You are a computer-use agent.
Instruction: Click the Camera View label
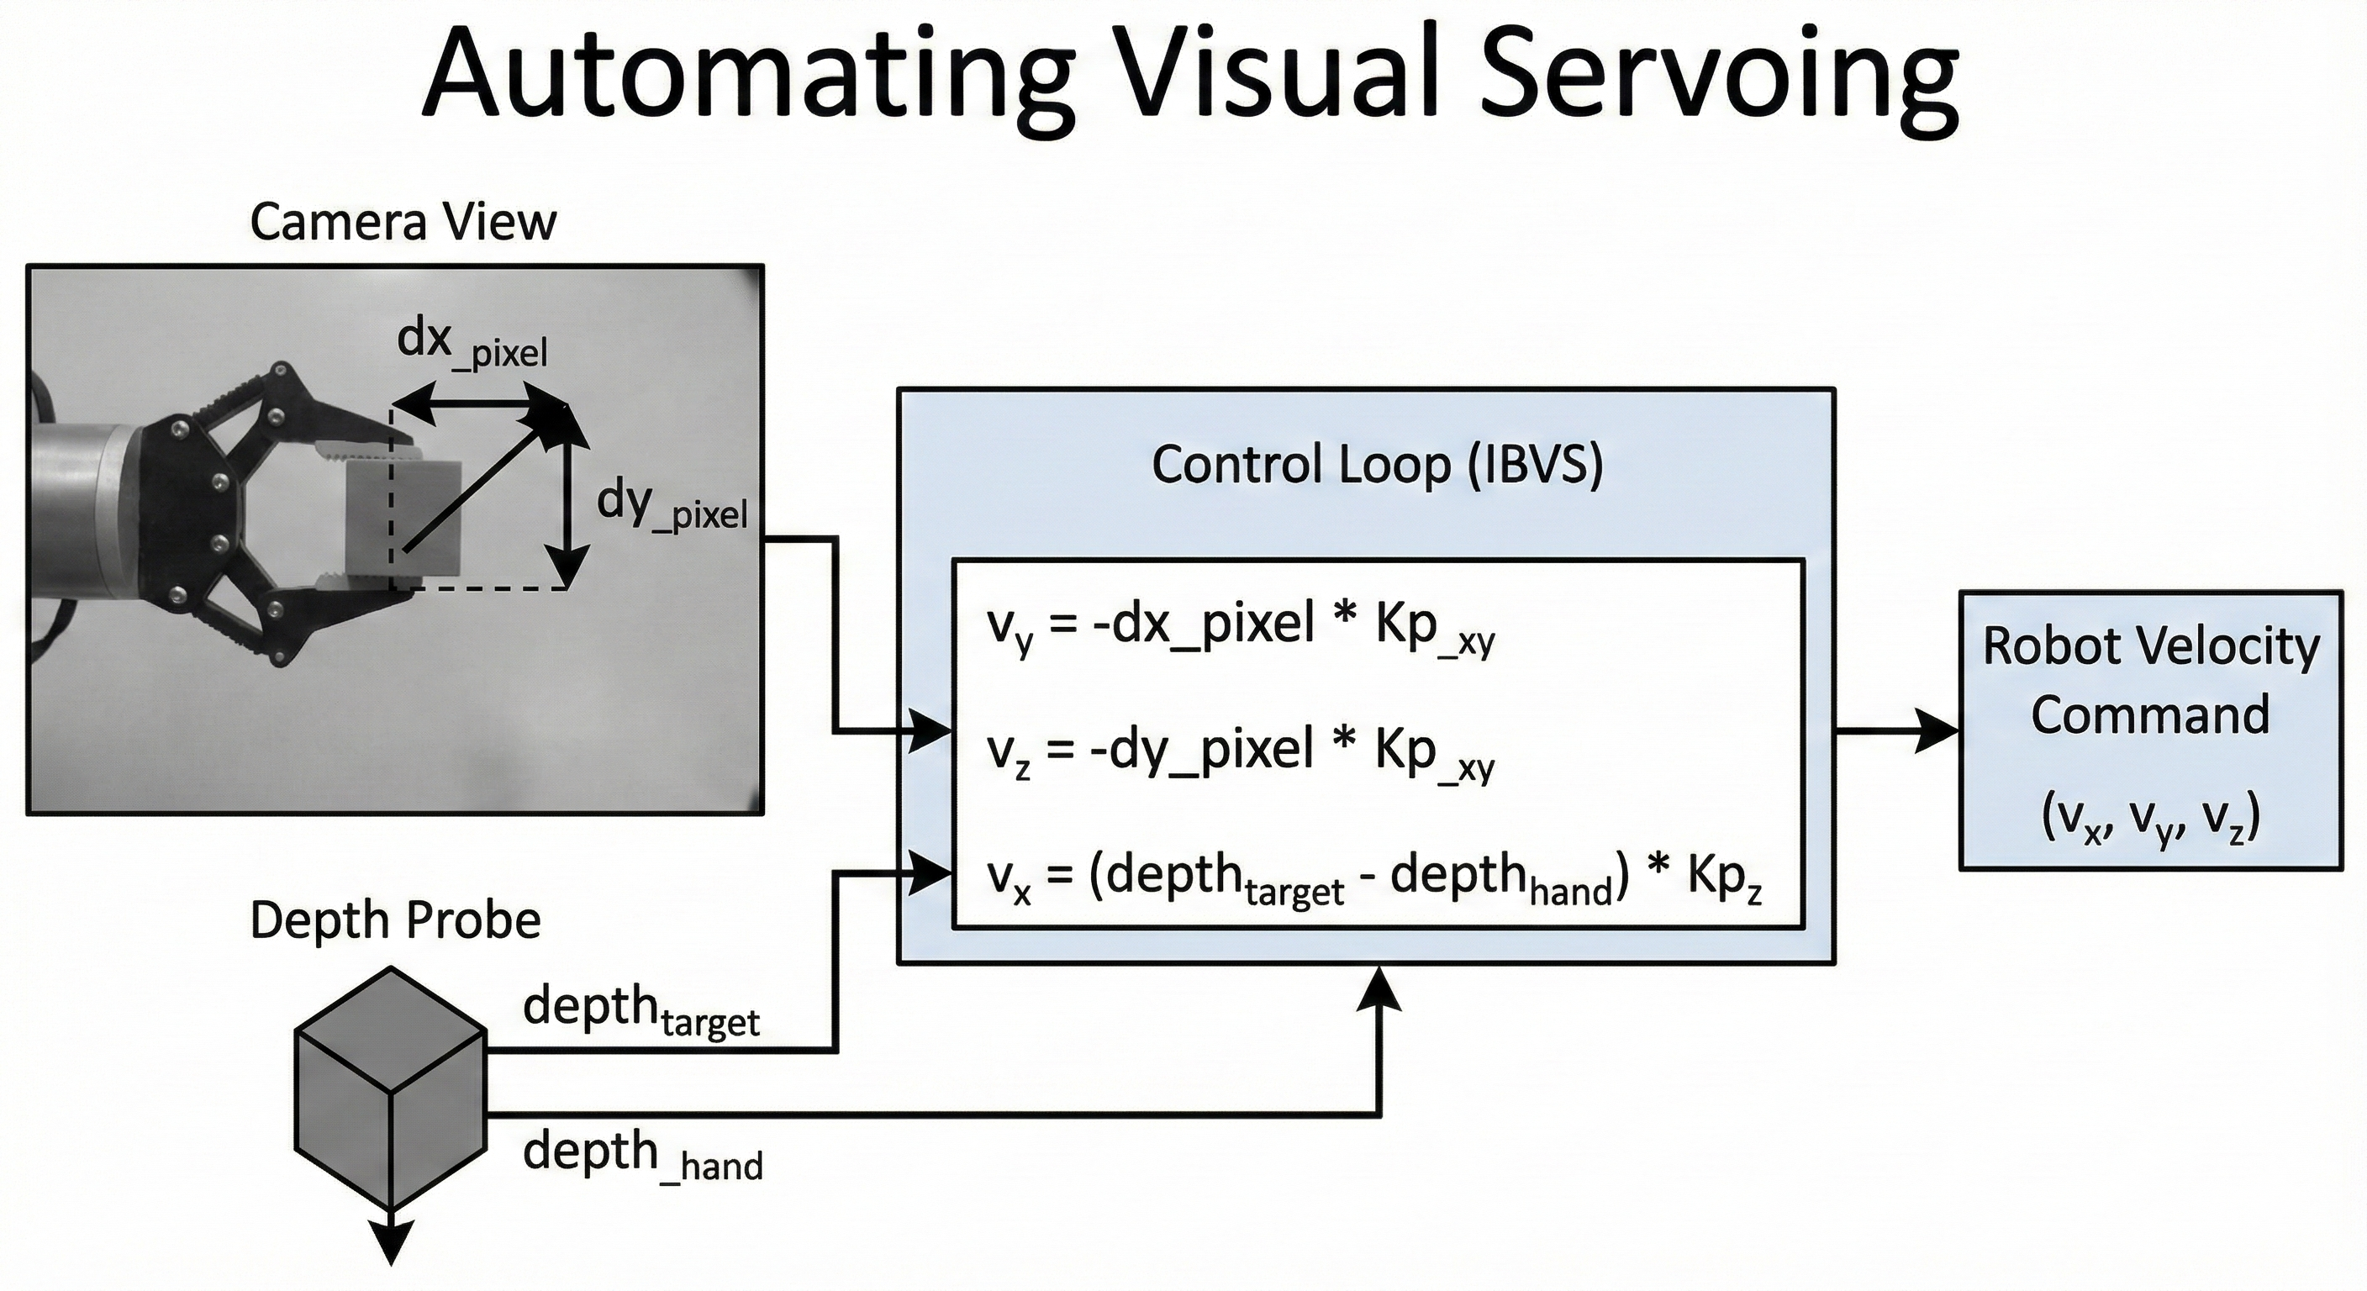pyautogui.click(x=403, y=223)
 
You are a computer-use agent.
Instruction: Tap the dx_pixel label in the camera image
pyautogui.click(x=472, y=344)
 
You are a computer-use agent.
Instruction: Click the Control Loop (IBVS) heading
pyautogui.click(x=1377, y=464)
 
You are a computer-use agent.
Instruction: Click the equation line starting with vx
pyautogui.click(x=1373, y=879)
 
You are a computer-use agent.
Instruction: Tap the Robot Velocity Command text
pyautogui.click(x=2150, y=680)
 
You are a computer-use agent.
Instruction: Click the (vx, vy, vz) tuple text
pyautogui.click(x=2150, y=818)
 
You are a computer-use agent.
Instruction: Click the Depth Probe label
pyautogui.click(x=395, y=920)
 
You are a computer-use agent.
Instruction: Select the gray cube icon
pyautogui.click(x=391, y=1088)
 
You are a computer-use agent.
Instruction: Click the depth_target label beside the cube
pyautogui.click(x=641, y=1011)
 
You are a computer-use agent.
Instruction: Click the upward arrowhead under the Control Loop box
pyautogui.click(x=1379, y=988)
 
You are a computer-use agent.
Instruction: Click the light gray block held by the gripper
pyautogui.click(x=404, y=519)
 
